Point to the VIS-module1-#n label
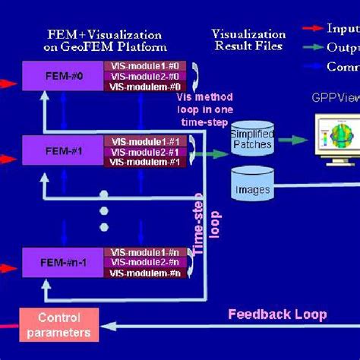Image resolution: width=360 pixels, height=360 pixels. [x=144, y=251]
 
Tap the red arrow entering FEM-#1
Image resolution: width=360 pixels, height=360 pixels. [x=9, y=159]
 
